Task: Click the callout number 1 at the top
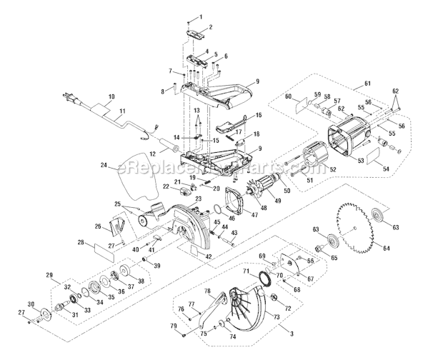point(200,16)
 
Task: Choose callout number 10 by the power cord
point(111,96)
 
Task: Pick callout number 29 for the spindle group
point(49,274)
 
